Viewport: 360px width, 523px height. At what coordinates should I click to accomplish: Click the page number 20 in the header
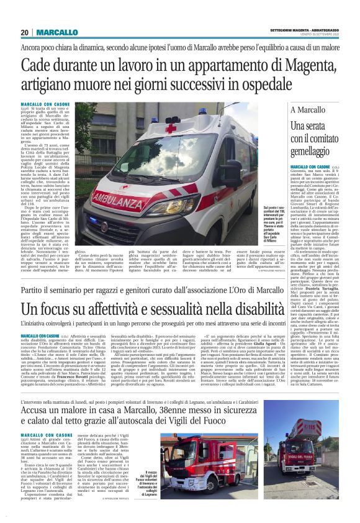[25, 32]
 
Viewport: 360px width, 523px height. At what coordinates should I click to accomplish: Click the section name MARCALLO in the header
[56, 32]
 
